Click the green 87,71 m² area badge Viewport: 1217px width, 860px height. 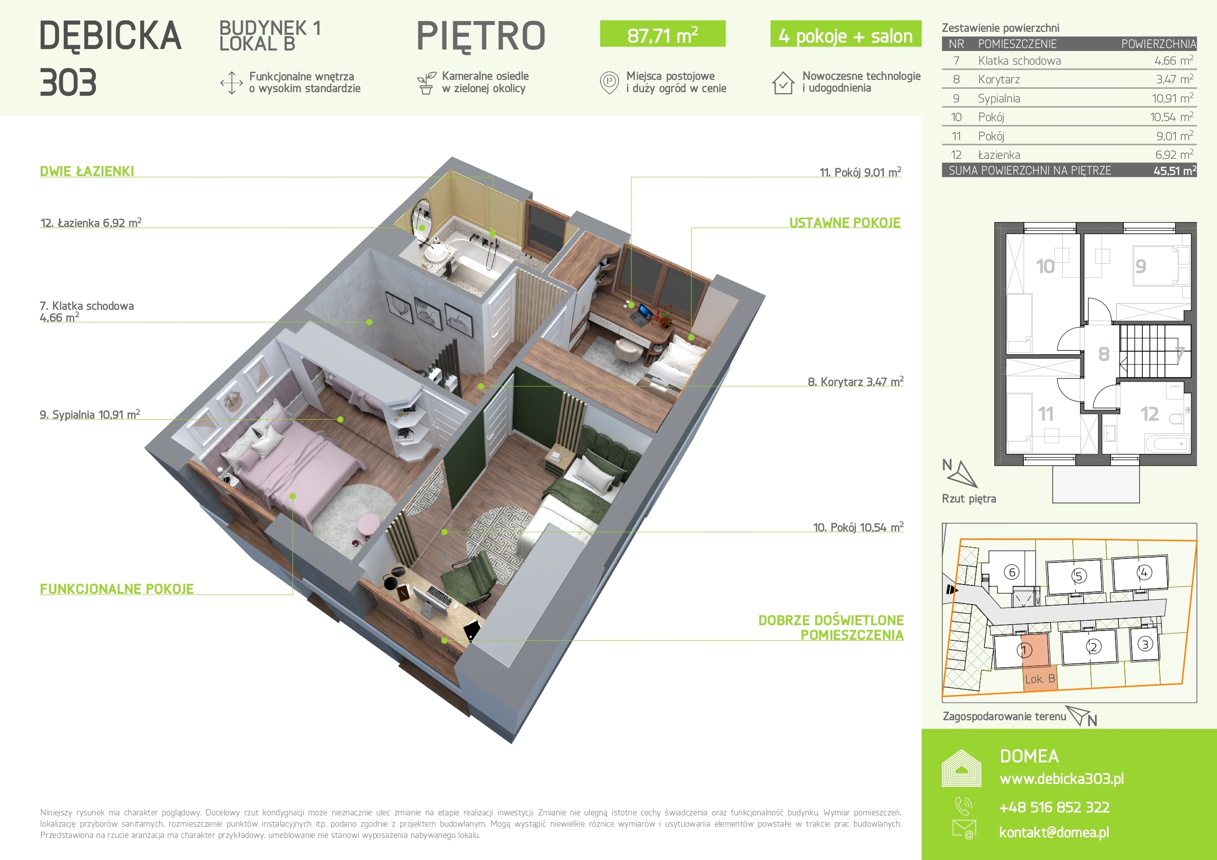(663, 34)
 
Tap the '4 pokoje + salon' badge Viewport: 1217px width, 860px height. (846, 34)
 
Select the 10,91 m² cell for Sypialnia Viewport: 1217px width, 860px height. (1172, 98)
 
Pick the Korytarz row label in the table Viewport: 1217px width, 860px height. (999, 79)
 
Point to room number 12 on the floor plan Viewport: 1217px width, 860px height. (1150, 414)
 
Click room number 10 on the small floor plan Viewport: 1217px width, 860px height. (1045, 266)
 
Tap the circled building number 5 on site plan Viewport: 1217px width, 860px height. (1079, 576)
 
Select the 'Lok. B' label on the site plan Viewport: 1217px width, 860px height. (1040, 679)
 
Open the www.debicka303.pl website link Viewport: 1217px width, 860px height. (1061, 779)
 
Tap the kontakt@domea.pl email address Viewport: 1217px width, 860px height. (1054, 832)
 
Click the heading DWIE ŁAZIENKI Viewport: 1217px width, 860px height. (87, 171)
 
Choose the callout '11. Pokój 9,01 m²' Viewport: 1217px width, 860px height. (860, 172)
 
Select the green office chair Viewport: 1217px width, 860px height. (468, 579)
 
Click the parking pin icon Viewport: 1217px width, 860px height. (610, 83)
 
